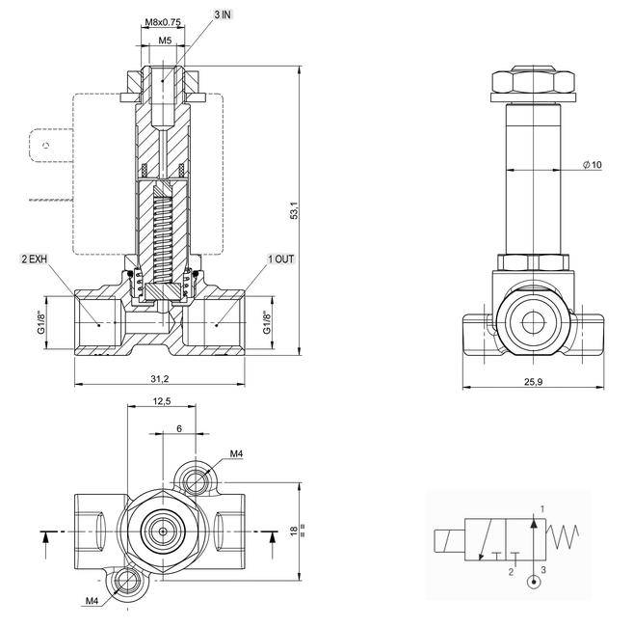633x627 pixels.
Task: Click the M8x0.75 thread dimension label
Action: point(163,21)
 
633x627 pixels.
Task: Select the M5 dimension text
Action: point(164,41)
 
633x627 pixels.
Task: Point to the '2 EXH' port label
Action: point(34,259)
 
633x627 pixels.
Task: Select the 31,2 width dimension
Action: point(163,380)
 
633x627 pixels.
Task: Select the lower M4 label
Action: point(92,601)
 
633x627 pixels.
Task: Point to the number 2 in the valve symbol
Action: point(511,572)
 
